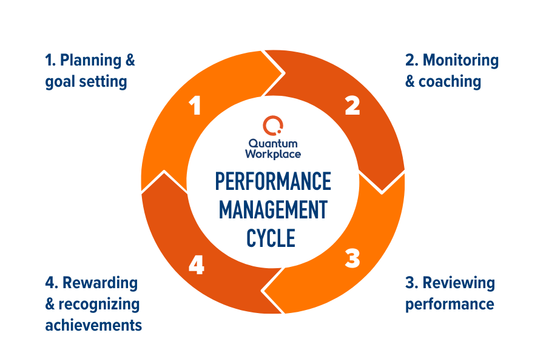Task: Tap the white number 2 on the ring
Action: pyautogui.click(x=352, y=106)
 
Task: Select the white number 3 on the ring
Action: pyautogui.click(x=352, y=259)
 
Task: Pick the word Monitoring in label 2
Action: pyautogui.click(x=460, y=61)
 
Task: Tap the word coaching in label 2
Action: pyautogui.click(x=450, y=81)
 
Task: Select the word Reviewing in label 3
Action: pyautogui.click(x=459, y=283)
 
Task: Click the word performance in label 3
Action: pyautogui.click(x=450, y=303)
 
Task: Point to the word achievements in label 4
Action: pyautogui.click(x=93, y=325)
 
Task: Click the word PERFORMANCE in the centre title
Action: pyautogui.click(x=273, y=181)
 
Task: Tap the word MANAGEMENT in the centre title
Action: pyautogui.click(x=273, y=210)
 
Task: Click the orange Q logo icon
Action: pyautogui.click(x=272, y=126)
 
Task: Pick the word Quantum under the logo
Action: pyautogui.click(x=273, y=143)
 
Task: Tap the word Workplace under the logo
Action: pyautogui.click(x=273, y=154)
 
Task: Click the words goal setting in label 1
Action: pyautogui.click(x=86, y=81)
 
